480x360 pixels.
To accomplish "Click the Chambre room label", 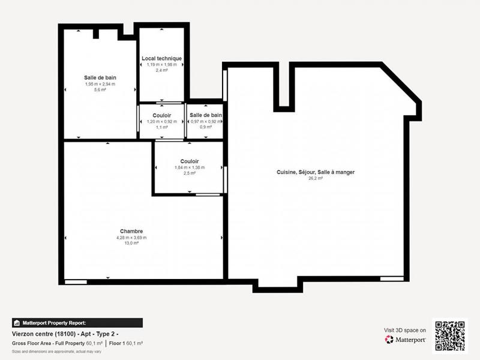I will [x=131, y=231].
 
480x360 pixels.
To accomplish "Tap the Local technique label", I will [x=161, y=58].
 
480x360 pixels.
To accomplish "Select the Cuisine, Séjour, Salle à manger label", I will [x=316, y=172].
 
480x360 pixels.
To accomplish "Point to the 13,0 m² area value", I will [x=131, y=244].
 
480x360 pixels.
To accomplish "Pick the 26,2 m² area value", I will [x=316, y=178].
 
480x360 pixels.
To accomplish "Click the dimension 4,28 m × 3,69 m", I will [x=131, y=238].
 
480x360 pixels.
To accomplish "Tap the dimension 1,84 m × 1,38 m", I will [x=190, y=167].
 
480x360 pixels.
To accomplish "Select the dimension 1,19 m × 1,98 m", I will [x=161, y=65].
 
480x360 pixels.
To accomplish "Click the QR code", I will [x=449, y=335].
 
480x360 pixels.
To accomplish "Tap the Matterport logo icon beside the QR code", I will [x=389, y=340].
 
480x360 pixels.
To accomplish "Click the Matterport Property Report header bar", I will [x=77, y=323].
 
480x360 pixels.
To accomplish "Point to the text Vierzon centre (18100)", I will [x=40, y=333].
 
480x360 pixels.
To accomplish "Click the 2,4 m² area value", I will [x=161, y=71].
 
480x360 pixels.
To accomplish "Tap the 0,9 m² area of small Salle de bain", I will [x=205, y=127].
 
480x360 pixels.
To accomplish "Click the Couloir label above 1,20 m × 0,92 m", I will [x=161, y=115].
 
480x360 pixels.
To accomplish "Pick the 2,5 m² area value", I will [x=190, y=173].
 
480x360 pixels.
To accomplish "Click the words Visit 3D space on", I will [x=405, y=330].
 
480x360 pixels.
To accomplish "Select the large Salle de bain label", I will [x=100, y=77].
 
